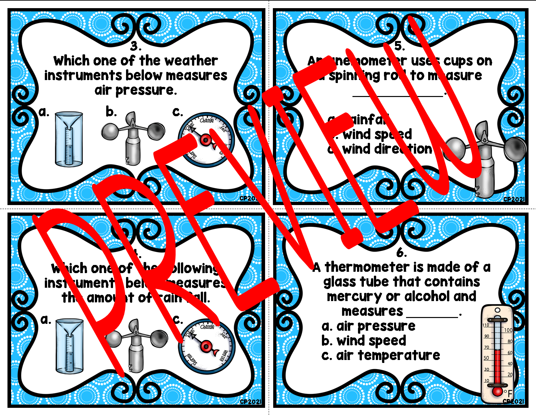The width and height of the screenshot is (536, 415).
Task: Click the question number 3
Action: (x=136, y=46)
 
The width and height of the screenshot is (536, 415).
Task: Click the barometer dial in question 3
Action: (x=206, y=140)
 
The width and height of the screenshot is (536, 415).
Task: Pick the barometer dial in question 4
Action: (x=206, y=346)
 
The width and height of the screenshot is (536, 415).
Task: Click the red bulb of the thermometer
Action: (x=497, y=391)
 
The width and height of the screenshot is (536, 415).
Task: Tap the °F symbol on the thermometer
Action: (x=508, y=393)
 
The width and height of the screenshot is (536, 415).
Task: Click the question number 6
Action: (x=402, y=252)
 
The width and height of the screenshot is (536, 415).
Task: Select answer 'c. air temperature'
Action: (x=381, y=355)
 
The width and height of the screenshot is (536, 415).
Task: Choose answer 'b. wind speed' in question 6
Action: (x=364, y=340)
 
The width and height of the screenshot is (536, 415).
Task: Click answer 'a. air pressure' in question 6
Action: (x=368, y=326)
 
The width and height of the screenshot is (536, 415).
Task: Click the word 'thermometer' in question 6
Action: (x=369, y=267)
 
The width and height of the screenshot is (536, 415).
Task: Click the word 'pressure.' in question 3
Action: (x=146, y=90)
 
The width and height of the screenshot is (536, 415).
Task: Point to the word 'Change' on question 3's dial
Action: (x=207, y=120)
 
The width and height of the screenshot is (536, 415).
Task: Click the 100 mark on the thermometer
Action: (x=508, y=330)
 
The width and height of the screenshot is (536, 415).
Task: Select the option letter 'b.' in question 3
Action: (x=111, y=112)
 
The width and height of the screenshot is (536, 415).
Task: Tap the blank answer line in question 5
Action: (x=398, y=95)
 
